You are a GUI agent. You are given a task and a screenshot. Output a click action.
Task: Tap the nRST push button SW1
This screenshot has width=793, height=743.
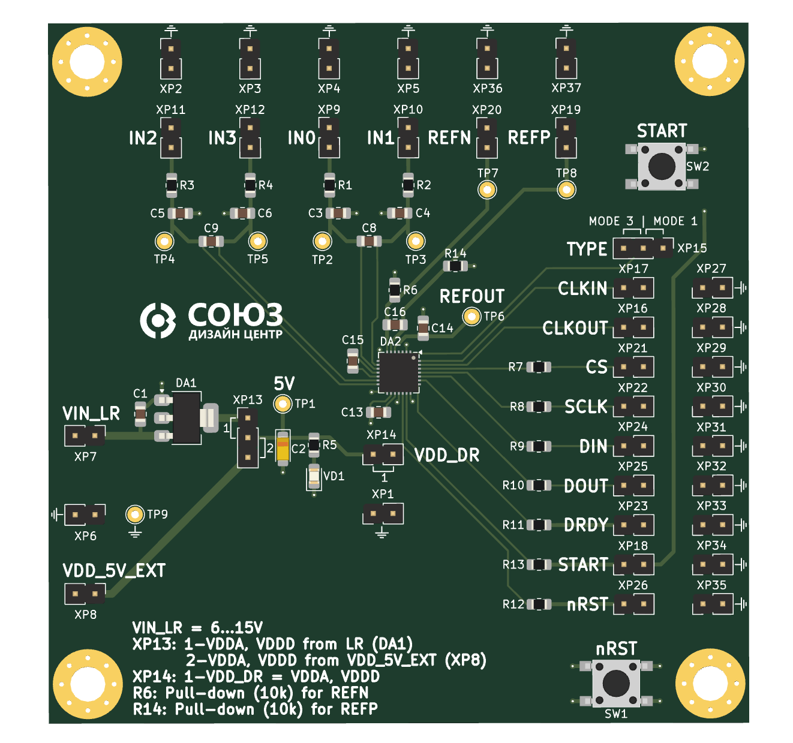[x=616, y=683]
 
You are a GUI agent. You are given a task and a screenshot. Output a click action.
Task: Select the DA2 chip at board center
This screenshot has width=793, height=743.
[x=398, y=372]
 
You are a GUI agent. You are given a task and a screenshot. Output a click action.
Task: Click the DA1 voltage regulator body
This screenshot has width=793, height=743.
[x=186, y=417]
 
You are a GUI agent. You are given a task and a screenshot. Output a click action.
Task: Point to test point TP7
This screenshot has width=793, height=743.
[x=487, y=190]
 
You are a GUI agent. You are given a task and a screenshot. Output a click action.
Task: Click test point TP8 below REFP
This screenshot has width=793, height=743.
[x=566, y=190]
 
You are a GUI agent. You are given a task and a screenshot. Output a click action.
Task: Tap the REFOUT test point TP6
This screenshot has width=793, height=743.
[x=472, y=316]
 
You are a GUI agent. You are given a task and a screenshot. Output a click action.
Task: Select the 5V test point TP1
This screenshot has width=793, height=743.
[x=283, y=404]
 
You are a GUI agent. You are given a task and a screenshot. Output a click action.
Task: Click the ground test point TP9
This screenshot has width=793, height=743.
[x=135, y=515]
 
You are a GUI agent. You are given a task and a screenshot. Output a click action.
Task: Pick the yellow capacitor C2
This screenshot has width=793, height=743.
[x=283, y=447]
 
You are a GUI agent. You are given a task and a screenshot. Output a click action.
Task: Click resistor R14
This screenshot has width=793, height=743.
[x=456, y=266]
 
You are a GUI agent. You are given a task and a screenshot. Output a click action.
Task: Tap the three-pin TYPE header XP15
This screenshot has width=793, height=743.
[x=643, y=248]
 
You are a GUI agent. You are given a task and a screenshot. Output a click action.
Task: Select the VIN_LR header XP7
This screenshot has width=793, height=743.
[x=85, y=435]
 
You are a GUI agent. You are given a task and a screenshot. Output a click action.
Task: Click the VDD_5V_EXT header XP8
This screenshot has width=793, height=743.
[x=85, y=594]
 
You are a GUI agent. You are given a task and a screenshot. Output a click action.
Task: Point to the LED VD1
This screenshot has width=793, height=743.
[x=314, y=477]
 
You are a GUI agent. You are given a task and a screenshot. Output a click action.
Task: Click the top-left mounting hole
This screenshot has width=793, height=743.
[x=88, y=62]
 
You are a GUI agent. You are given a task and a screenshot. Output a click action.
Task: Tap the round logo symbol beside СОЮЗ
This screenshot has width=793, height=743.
[x=158, y=320]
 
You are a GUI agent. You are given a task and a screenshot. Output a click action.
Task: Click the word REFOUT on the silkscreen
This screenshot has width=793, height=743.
[x=471, y=296]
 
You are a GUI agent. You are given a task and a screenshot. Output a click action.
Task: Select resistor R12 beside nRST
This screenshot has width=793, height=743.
[x=539, y=604]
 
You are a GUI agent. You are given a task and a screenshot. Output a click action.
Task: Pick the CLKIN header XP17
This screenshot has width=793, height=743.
[x=633, y=288]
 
